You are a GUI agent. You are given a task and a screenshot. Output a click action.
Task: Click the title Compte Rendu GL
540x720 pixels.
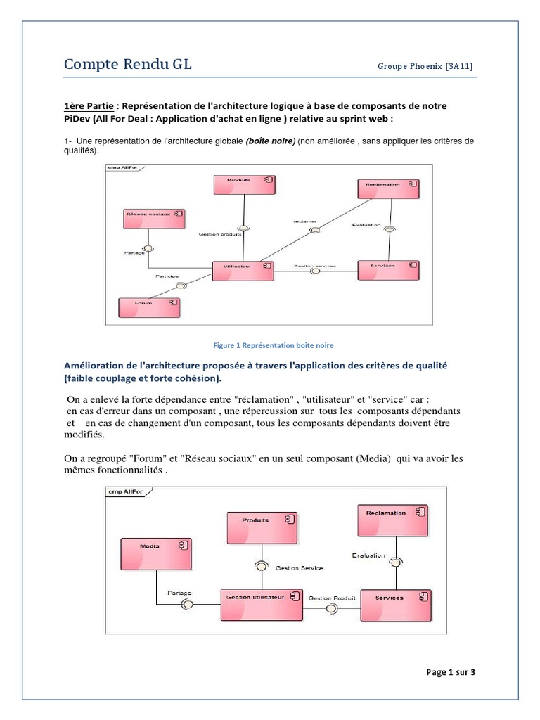(x=127, y=65)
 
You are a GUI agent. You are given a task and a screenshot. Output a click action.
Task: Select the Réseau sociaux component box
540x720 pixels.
(x=153, y=218)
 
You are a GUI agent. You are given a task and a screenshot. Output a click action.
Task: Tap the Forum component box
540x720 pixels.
(x=148, y=307)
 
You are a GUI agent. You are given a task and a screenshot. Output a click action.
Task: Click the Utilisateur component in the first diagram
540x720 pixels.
(x=242, y=271)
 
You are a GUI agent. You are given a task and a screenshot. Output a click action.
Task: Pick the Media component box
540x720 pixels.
(x=155, y=555)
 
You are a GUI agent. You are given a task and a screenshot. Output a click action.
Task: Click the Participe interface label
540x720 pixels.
(x=167, y=276)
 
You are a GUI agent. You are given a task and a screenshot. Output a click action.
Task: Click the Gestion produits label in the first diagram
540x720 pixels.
(x=220, y=234)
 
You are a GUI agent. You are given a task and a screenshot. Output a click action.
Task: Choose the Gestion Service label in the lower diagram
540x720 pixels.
(x=299, y=567)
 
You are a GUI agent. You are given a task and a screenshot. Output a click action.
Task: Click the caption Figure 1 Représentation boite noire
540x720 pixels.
(x=273, y=345)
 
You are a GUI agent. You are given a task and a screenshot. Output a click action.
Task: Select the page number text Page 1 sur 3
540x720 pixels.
(x=451, y=672)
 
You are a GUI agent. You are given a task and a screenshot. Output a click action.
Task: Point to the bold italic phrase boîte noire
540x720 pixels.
(x=270, y=141)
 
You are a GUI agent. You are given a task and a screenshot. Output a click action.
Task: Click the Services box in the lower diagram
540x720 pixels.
(x=393, y=604)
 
